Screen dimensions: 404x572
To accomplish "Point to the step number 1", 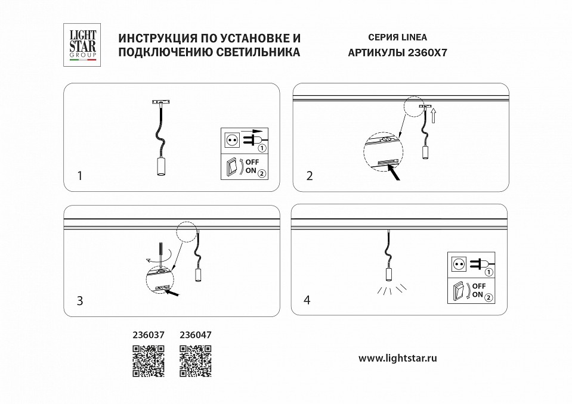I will (x=81, y=176).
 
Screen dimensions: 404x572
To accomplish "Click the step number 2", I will (x=309, y=176).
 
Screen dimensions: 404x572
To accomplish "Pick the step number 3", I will (x=81, y=300).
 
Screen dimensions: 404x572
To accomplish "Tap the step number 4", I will (x=307, y=300).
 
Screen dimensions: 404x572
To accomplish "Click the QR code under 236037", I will (x=148, y=362).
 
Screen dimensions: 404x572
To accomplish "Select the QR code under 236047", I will (x=196, y=362).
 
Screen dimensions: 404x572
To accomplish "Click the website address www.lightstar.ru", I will (x=398, y=358).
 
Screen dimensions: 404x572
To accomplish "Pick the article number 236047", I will (x=196, y=335).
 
